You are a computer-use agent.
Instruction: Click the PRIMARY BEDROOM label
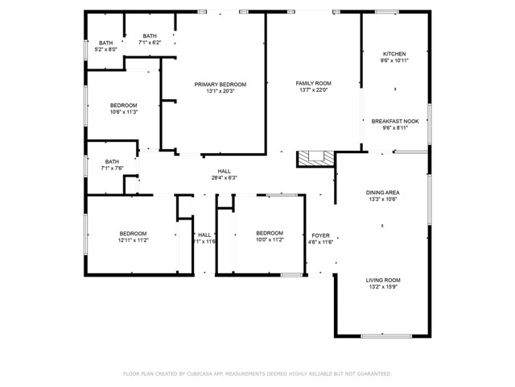(x=220, y=85)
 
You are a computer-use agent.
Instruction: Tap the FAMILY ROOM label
(x=313, y=84)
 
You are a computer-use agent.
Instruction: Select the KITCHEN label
(x=394, y=54)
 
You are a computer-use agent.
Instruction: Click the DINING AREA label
(x=382, y=193)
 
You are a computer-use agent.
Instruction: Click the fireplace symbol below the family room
(x=315, y=159)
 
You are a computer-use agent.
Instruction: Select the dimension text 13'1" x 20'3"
(x=220, y=92)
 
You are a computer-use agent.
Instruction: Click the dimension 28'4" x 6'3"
(x=224, y=178)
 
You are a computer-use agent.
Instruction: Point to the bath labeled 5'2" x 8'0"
(x=106, y=46)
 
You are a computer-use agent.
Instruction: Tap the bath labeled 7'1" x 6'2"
(x=150, y=39)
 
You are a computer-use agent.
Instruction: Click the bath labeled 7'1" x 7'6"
(x=111, y=164)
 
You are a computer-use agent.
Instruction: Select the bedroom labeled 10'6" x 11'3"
(x=123, y=109)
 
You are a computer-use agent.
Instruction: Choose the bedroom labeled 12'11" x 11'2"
(x=133, y=237)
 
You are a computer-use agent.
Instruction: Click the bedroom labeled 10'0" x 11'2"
(x=269, y=237)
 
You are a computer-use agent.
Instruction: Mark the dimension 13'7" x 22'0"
(x=313, y=91)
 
